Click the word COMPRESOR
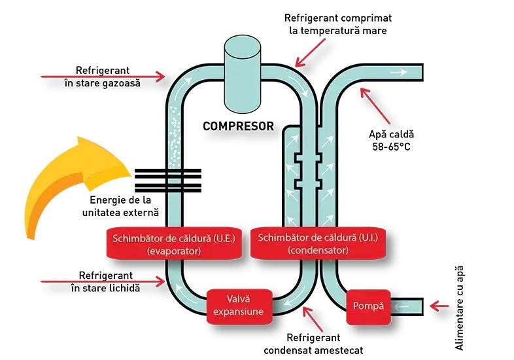coord(238,126)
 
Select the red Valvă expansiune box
coord(239,306)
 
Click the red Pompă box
coord(368,306)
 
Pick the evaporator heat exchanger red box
coord(174,244)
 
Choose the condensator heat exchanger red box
coord(318,243)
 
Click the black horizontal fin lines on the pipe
coord(168,180)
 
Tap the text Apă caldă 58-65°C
coord(392,140)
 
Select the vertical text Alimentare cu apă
coord(460,308)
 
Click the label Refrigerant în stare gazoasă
coord(103,77)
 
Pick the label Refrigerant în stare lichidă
coord(105,281)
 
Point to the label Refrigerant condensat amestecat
coord(313,344)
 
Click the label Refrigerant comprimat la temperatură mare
coord(338,24)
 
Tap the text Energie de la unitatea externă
coord(120,206)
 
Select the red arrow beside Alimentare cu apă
coord(439,306)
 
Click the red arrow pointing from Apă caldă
coord(375,105)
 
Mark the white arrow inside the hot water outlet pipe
coord(398,71)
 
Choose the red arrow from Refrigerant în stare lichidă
coord(103,281)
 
